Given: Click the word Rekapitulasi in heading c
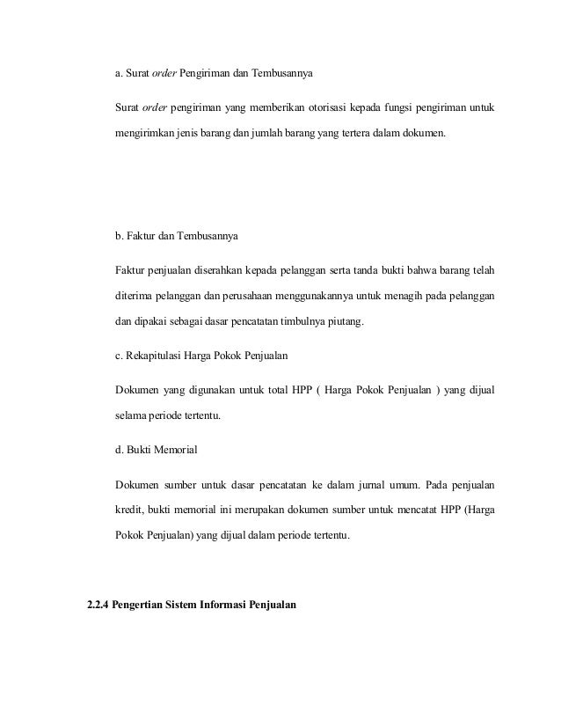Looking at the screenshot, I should pos(159,355).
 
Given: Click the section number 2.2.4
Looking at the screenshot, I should pos(98,605).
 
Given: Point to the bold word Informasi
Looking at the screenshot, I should pos(229,605).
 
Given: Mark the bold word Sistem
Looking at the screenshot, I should pos(183,605).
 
